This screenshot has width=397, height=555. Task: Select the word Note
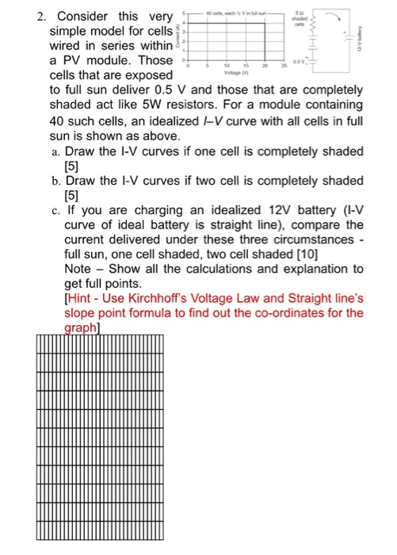[x=78, y=269]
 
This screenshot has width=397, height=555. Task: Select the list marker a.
[x=53, y=151]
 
